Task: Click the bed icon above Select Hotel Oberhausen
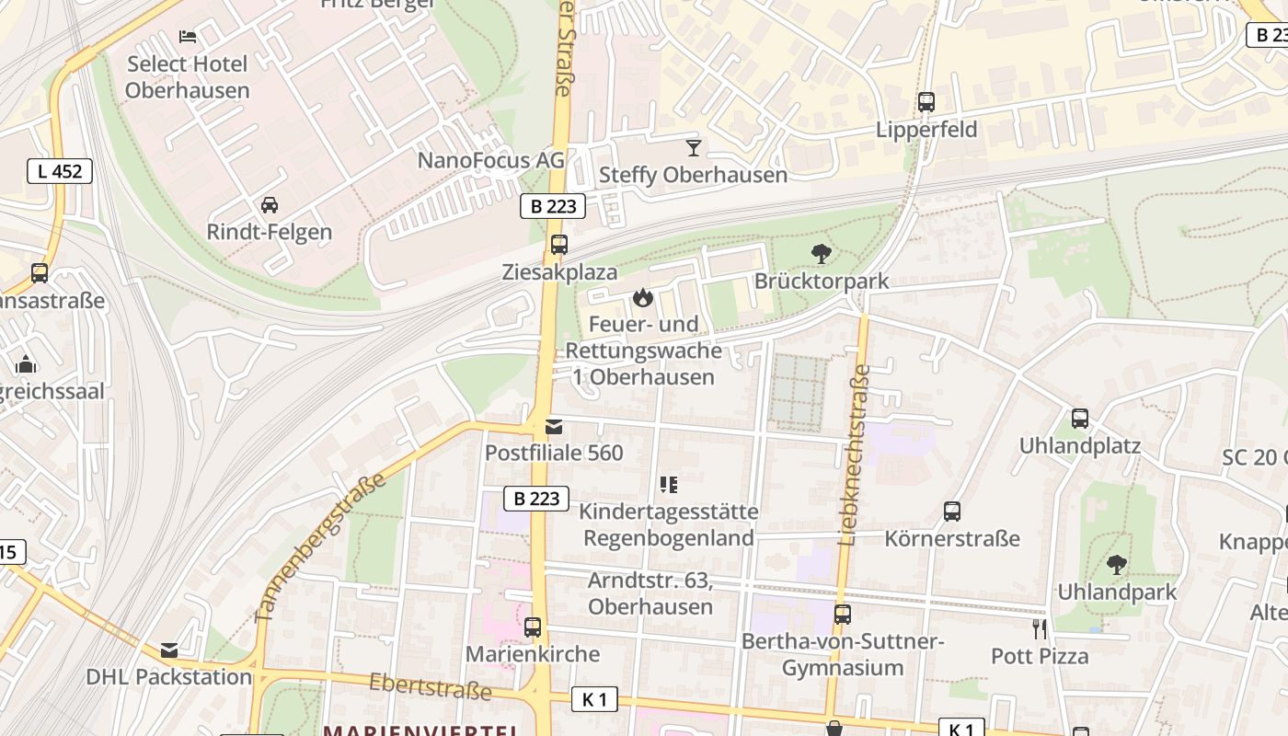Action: click(188, 37)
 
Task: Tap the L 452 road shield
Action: click(60, 171)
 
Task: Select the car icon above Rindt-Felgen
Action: click(270, 204)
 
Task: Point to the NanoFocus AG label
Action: click(490, 160)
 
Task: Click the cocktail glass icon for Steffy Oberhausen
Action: click(694, 147)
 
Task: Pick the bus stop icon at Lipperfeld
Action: click(926, 102)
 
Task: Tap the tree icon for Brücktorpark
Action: click(822, 254)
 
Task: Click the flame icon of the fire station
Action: click(643, 297)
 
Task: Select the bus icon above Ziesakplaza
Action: click(559, 245)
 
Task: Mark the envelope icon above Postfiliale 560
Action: click(554, 426)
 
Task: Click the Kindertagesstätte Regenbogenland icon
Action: click(669, 484)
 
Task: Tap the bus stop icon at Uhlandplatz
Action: click(1080, 419)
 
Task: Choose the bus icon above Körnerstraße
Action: click(952, 512)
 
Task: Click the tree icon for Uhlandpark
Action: click(1117, 565)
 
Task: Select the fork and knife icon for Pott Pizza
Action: click(1040, 629)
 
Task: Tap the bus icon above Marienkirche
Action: click(533, 627)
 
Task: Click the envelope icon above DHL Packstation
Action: click(169, 650)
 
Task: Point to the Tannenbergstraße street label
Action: click(318, 549)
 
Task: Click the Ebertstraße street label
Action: click(430, 685)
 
